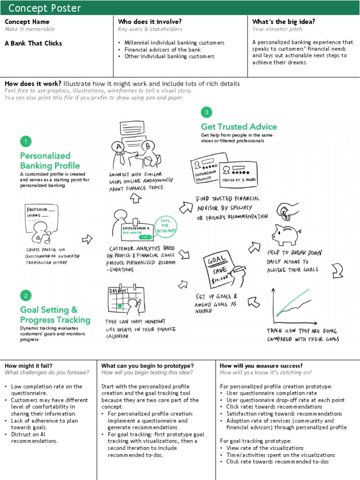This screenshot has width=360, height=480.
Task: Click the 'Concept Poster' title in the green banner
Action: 45,8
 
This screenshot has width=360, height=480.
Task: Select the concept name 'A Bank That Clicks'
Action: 33,43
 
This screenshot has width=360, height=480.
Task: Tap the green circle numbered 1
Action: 26,141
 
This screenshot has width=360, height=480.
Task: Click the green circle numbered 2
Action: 26,295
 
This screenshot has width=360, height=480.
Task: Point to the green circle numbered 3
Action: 206,112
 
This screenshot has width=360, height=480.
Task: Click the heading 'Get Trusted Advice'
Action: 239,127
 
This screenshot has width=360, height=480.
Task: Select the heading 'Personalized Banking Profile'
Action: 50,160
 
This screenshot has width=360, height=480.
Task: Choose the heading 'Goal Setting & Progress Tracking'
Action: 55,315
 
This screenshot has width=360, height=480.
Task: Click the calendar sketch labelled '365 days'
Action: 123,300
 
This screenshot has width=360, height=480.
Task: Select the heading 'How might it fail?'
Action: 29,366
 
